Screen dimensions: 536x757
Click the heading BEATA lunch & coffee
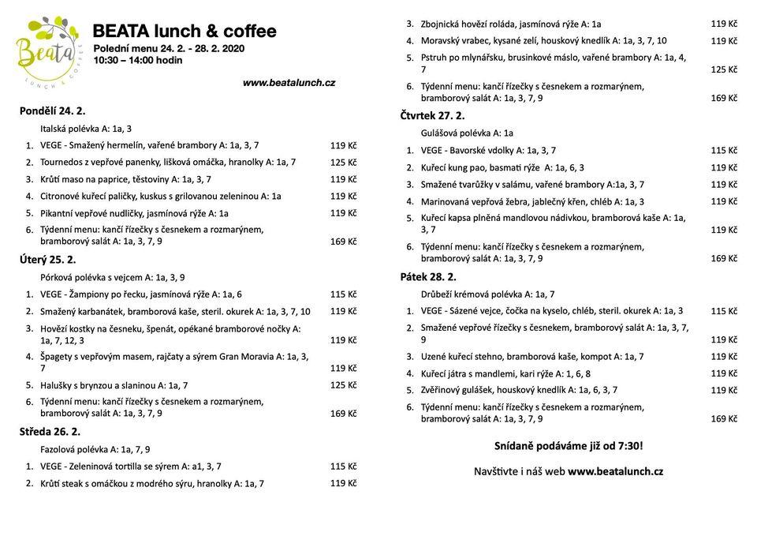pyautogui.click(x=185, y=32)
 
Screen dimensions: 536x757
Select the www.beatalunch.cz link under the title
pyautogui.click(x=289, y=82)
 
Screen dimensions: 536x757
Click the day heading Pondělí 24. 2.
pyautogui.click(x=52, y=111)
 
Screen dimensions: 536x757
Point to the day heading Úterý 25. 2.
pyautogui.click(x=47, y=259)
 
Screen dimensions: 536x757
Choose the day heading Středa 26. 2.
pyautogui.click(x=50, y=432)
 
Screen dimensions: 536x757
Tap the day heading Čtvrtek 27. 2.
pyautogui.click(x=432, y=116)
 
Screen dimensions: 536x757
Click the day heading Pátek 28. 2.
pyautogui.click(x=428, y=276)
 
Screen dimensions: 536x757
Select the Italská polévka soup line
pyautogui.click(x=86, y=128)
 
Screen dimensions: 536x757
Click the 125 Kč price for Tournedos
pyautogui.click(x=343, y=162)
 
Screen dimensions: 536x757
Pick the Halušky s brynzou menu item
pyautogui.click(x=114, y=385)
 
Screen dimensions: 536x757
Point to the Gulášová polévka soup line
pyautogui.click(x=467, y=133)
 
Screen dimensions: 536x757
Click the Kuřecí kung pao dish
pyautogui.click(x=502, y=167)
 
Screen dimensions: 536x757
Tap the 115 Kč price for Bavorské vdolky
pyautogui.click(x=724, y=150)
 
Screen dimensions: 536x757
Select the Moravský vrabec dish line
pyautogui.click(x=543, y=40)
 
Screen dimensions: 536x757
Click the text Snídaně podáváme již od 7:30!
pyautogui.click(x=568, y=446)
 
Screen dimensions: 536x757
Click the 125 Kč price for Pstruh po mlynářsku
pyautogui.click(x=724, y=69)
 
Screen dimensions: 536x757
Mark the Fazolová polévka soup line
pyautogui.click(x=95, y=449)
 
